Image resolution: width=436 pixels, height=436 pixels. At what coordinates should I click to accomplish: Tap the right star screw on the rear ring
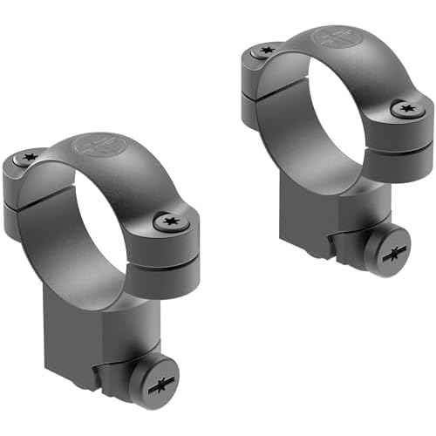click(x=405, y=109)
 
